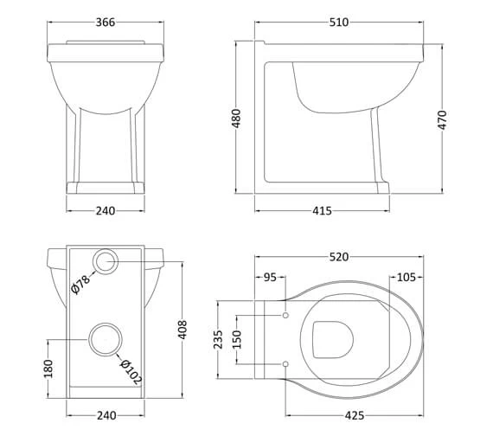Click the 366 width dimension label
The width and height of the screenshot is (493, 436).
point(105,22)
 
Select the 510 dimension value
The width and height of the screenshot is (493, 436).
point(339,22)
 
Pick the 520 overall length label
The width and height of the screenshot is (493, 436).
point(339,257)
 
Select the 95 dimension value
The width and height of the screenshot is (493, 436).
point(271,278)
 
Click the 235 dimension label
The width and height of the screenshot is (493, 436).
point(218,340)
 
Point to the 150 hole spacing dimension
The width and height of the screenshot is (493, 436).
point(239,340)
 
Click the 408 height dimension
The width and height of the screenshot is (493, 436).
point(182,330)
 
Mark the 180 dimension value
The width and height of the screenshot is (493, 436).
point(48,369)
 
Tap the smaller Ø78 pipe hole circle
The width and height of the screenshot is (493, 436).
point(105,260)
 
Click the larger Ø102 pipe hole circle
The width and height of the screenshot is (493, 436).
point(105,340)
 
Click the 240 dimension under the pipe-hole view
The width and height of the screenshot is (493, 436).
point(105,416)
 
